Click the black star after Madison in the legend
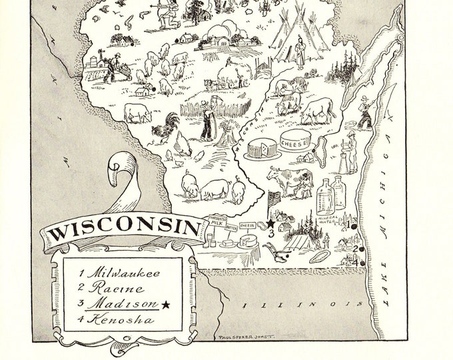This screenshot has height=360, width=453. tap(165, 305)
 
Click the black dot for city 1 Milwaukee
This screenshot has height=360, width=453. tap(352, 227)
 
